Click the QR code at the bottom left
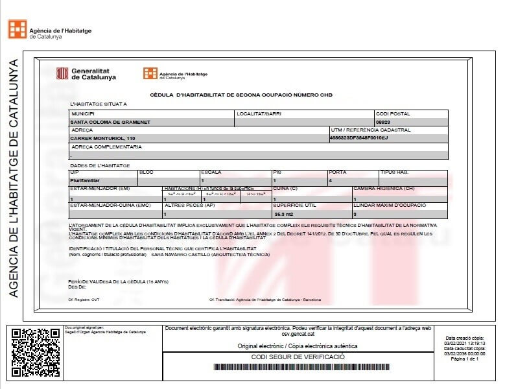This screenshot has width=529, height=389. pos(36,353)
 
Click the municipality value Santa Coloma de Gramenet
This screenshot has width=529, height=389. pos(110,122)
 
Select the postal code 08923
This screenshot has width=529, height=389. pos(384,122)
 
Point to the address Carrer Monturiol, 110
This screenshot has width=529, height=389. pos(103,138)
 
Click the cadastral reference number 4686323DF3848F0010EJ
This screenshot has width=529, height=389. pos(359,138)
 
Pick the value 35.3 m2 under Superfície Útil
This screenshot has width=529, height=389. pos(285,213)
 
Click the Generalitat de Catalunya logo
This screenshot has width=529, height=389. pos(86,73)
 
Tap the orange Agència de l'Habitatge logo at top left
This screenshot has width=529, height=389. pos(18,29)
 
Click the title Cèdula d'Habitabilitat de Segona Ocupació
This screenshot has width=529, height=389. pos(241,95)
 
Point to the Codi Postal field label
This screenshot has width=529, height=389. pos(393,113)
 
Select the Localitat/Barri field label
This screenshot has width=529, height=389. pos(255,113)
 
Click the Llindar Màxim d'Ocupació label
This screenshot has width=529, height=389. pos(389,206)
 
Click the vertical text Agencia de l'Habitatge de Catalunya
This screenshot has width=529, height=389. pos(14,178)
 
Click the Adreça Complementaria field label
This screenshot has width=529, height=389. pos(106,147)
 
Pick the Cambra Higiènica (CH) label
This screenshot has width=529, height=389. pos(384,189)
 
